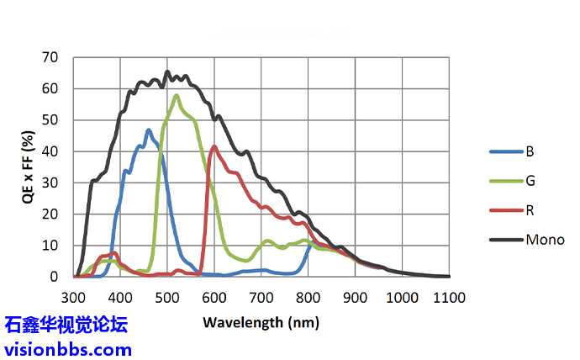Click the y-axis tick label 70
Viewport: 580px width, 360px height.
[x=50, y=58]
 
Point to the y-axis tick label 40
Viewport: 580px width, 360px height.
[x=50, y=151]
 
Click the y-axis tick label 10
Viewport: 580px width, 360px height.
[x=50, y=245]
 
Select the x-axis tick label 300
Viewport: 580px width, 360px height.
[x=74, y=296]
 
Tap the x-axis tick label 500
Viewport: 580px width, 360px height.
[x=168, y=296]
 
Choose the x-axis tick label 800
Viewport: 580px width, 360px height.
[x=308, y=296]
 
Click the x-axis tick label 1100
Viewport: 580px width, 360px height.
[x=450, y=296]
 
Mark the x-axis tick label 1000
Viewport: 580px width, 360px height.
[x=403, y=296]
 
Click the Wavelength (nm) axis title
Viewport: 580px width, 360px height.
[x=261, y=321]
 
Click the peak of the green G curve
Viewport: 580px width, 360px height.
[x=177, y=95]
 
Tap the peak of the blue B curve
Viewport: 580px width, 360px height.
[x=149, y=130]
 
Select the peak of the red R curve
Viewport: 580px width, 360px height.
[x=214, y=146]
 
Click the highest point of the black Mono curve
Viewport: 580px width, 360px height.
[x=167, y=71]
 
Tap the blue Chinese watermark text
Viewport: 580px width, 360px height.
[x=66, y=326]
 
